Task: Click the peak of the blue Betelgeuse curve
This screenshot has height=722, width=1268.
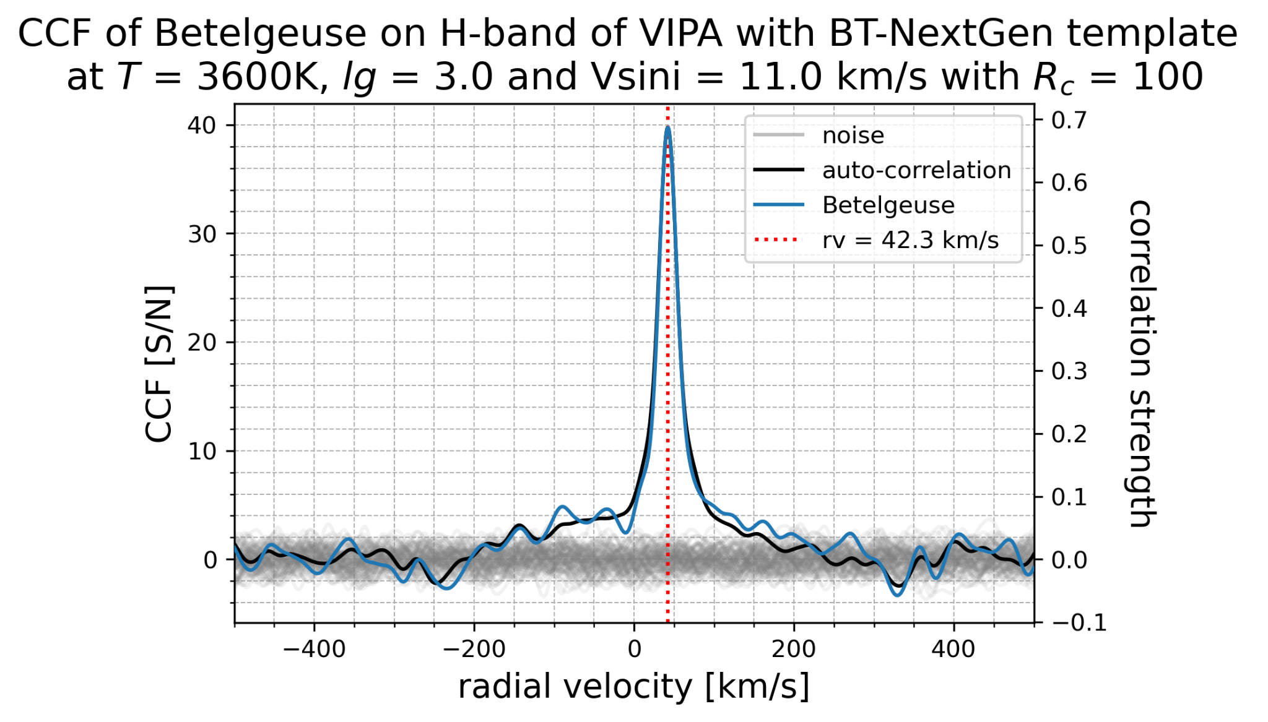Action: (667, 127)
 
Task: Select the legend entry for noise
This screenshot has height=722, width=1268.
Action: (853, 135)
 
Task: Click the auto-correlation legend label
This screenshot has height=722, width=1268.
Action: (916, 170)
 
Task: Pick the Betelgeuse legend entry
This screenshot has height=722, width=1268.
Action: (888, 205)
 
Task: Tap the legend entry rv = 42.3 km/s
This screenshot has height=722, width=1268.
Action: (910, 240)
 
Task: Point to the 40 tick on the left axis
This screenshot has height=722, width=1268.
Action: (202, 126)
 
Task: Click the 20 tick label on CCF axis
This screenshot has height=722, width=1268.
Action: (202, 343)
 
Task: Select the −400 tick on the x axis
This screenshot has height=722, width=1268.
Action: (314, 649)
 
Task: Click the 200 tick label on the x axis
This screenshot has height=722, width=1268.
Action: (794, 649)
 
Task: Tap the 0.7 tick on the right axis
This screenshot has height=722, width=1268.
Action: (1069, 120)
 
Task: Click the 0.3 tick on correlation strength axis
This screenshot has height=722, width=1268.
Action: (1069, 371)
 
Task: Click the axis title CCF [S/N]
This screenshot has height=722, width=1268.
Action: (158, 364)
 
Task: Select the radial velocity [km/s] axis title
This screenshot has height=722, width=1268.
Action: (633, 687)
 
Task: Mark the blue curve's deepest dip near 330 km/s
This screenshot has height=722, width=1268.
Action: (897, 595)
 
